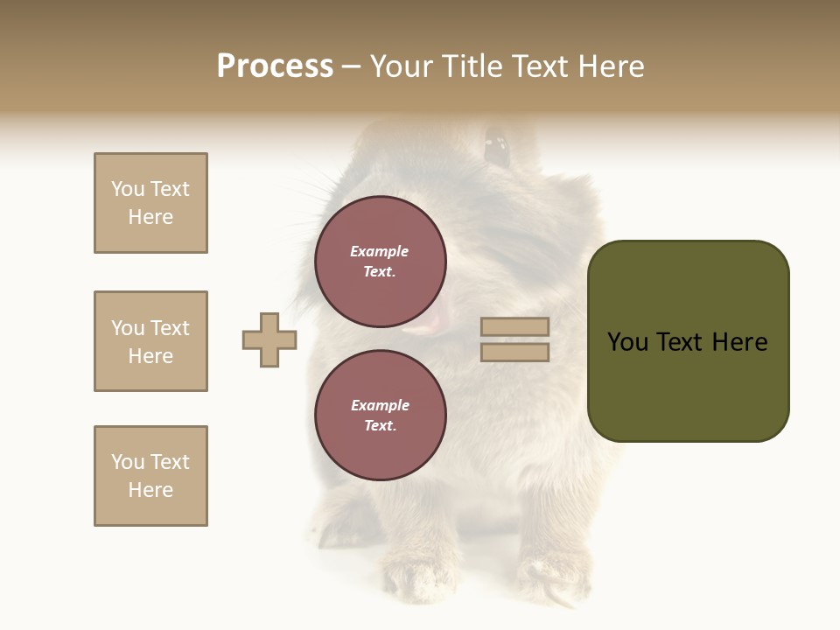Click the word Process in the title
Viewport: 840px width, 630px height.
[x=275, y=66]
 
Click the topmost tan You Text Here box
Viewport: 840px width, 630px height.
[x=150, y=203]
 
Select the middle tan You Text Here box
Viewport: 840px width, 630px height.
[x=150, y=341]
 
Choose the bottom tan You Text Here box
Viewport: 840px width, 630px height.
[x=150, y=476]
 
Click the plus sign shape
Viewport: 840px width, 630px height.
[x=269, y=339]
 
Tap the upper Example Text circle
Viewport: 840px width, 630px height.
[x=380, y=262]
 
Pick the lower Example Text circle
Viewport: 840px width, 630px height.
[x=380, y=416]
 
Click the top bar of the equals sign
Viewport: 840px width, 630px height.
[x=514, y=327]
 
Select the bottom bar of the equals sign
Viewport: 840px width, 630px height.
[x=514, y=353]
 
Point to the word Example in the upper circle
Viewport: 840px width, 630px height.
[x=380, y=251]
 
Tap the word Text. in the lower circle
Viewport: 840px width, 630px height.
[x=380, y=426]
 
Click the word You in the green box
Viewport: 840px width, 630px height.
[x=628, y=342]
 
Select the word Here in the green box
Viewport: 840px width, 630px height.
[x=740, y=342]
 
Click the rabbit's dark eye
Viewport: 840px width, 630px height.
[x=496, y=146]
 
